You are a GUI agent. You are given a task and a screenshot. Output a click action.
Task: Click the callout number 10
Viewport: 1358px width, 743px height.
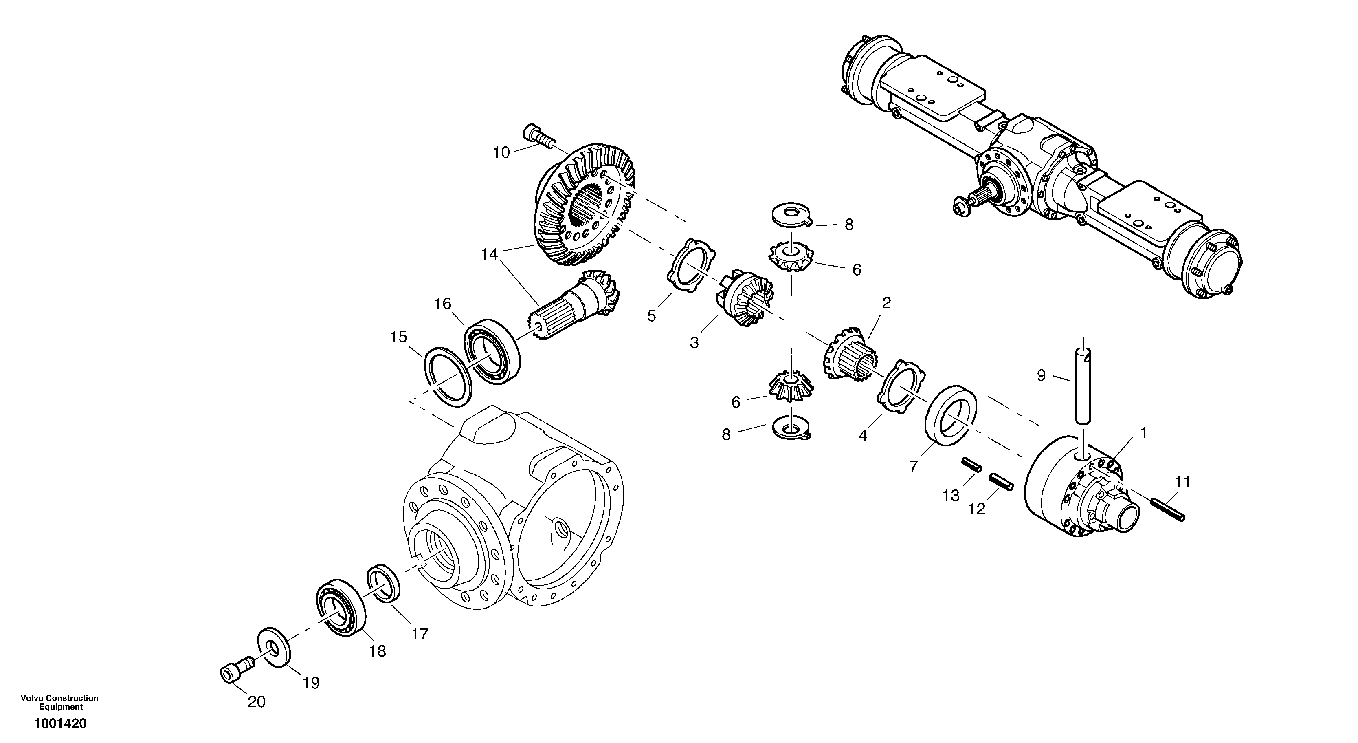pyautogui.click(x=501, y=153)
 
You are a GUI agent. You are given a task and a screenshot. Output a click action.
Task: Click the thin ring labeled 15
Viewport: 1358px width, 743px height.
pyautogui.click(x=447, y=377)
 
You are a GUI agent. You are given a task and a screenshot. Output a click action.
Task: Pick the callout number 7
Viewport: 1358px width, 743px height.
pyautogui.click(x=914, y=466)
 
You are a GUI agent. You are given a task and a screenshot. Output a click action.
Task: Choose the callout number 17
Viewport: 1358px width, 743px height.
pyautogui.click(x=420, y=634)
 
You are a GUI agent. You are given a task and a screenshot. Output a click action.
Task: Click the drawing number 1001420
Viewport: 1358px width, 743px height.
pyautogui.click(x=60, y=723)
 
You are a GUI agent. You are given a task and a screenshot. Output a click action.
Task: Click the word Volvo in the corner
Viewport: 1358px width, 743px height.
pyautogui.click(x=31, y=698)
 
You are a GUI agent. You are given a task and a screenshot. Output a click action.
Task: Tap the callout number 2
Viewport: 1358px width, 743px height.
pyautogui.click(x=886, y=303)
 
